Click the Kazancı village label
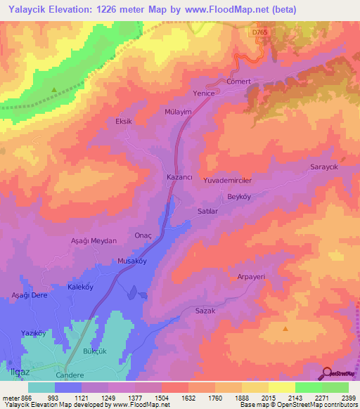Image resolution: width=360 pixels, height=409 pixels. click(179, 178)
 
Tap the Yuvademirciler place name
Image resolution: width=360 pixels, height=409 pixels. click(227, 181)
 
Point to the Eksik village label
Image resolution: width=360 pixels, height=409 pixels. click(124, 121)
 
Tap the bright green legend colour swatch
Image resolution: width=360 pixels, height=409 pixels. click(309, 387)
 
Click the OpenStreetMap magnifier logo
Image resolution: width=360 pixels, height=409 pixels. click(326, 373)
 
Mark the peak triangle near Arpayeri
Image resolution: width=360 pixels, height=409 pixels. click(285, 328)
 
